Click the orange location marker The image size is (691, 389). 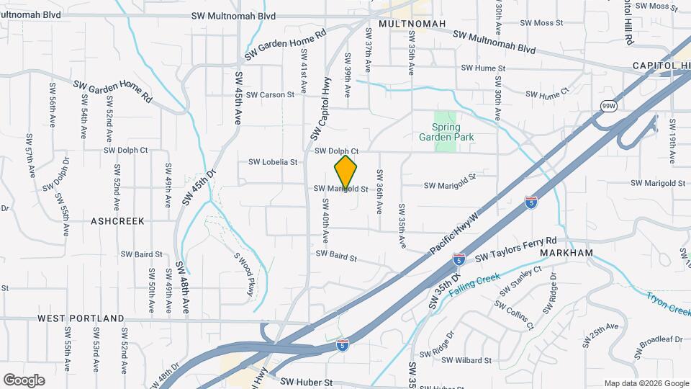pos(345,172)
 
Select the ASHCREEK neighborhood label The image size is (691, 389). pos(117,221)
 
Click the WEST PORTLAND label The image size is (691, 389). pos(81,318)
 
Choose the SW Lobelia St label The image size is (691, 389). pos(273,163)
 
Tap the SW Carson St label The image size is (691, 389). pos(270,94)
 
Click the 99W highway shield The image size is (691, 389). pos(609,106)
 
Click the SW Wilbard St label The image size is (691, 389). pos(466,360)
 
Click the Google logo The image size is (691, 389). pos(24,380)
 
